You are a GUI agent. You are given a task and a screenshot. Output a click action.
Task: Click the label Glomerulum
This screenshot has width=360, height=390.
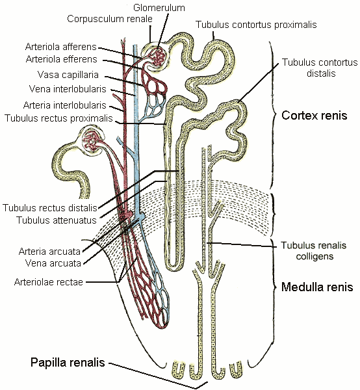159,7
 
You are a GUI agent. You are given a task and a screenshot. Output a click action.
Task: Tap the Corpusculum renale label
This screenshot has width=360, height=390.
109,18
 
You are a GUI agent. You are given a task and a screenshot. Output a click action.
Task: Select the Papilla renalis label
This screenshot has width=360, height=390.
68,362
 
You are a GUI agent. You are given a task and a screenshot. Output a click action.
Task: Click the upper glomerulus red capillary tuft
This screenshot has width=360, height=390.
157,56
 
